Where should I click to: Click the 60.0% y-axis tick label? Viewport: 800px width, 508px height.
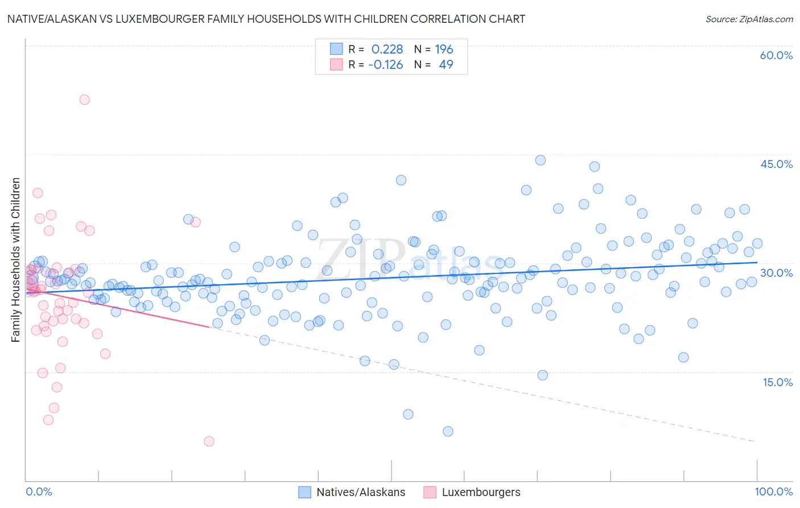776,55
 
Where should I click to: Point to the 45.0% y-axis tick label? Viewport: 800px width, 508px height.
776,164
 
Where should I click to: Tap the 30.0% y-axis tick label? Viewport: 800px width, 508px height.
776,273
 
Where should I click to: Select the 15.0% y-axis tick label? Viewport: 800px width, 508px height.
777,382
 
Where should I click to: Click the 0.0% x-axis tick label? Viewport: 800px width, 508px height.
39,491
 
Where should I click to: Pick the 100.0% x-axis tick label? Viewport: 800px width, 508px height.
773,491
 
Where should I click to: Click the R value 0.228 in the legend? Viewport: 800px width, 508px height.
387,49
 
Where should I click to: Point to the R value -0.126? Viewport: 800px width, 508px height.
385,64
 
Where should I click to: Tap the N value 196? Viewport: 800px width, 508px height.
444,49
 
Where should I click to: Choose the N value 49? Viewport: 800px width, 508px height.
446,64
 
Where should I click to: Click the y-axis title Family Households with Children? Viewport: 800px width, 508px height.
15,260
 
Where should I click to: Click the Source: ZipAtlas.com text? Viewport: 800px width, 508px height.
749,19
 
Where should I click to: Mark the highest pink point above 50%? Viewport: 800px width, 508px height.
84,100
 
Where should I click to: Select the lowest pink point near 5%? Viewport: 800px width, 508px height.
209,441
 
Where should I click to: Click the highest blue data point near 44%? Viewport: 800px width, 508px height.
541,160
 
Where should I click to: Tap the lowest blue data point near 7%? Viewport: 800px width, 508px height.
448,431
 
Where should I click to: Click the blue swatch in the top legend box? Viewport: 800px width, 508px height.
336,49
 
